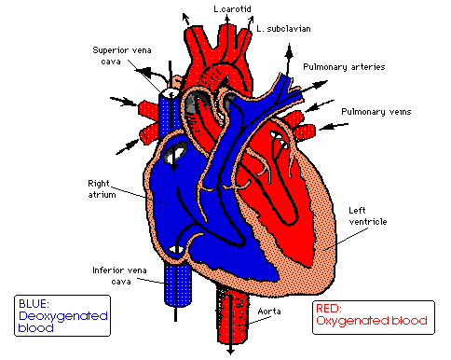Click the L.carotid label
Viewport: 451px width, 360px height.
232,8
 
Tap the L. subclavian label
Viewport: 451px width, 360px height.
283,29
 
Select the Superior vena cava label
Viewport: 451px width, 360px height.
121,56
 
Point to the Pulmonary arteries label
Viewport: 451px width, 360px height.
344,67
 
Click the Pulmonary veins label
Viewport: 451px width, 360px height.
376,112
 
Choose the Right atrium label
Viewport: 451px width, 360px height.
102,189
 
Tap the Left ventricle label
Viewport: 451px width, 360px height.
368,216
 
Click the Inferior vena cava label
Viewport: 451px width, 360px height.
119,276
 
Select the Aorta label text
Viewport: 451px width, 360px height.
269,312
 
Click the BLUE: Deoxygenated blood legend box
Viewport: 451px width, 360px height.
62,315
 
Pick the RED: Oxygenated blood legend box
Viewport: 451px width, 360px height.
374,317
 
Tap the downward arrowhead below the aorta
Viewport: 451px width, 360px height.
230,352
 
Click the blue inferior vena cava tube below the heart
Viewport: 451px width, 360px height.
177,285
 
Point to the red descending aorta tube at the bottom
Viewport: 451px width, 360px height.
233,314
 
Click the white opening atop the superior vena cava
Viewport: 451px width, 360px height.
169,92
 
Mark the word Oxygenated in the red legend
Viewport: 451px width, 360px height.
352,321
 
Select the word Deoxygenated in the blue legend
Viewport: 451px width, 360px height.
63,316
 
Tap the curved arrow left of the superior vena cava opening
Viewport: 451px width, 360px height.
152,75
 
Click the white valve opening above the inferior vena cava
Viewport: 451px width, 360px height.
175,250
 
